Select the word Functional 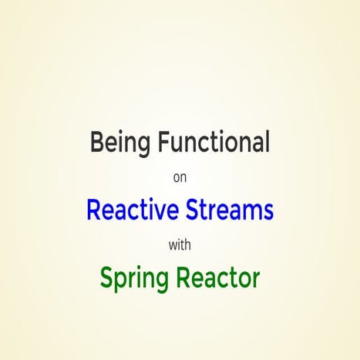209,143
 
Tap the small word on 180,177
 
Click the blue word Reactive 129,209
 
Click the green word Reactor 220,278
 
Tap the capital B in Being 96,143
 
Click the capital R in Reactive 93,209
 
